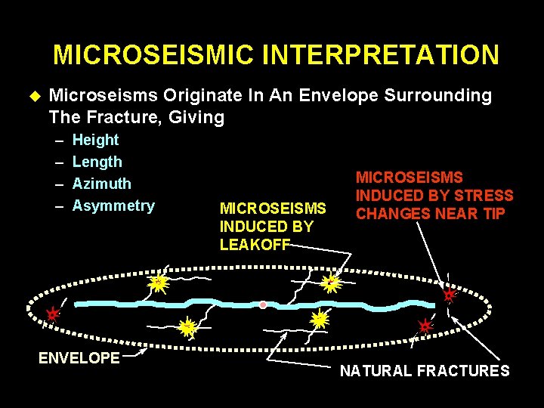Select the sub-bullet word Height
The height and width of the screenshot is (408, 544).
tap(95, 140)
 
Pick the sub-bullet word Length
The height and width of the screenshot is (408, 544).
tap(97, 162)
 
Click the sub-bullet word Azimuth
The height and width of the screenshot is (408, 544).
tap(101, 184)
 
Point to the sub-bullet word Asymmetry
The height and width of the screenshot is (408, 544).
tap(113, 206)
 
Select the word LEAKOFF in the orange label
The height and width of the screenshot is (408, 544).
tap(254, 245)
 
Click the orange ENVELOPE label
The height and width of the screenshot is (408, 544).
tap(79, 357)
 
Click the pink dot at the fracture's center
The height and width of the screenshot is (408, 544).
tap(263, 305)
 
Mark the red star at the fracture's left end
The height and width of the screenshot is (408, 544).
tap(51, 313)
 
